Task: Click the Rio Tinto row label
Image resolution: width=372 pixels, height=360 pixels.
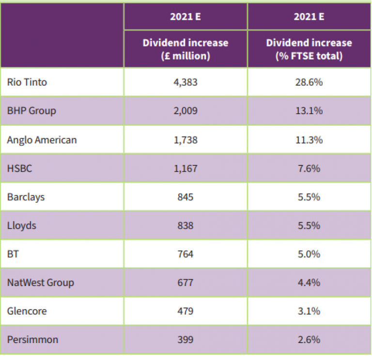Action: (27, 82)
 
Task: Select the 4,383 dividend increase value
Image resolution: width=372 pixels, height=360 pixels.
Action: (185, 82)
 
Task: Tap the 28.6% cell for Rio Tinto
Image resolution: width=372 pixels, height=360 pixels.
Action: (309, 82)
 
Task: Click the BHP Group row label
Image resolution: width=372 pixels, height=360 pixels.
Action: (31, 111)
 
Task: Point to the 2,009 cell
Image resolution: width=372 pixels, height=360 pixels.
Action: (185, 111)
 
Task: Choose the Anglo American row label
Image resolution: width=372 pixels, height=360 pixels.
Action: (42, 140)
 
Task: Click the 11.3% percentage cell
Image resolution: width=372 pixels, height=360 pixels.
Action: (309, 140)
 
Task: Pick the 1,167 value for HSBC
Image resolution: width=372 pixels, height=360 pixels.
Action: (185, 168)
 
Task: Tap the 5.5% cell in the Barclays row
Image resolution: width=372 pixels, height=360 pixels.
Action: (309, 197)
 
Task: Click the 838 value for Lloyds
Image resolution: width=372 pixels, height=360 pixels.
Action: (185, 225)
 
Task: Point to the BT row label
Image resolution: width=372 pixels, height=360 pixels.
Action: (13, 254)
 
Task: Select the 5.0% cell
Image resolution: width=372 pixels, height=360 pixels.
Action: (309, 254)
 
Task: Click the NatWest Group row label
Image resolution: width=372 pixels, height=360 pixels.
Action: (41, 283)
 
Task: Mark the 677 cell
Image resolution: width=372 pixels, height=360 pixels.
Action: (185, 283)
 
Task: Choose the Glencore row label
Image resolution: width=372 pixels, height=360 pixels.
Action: (27, 311)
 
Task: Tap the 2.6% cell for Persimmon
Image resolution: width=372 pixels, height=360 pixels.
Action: (309, 340)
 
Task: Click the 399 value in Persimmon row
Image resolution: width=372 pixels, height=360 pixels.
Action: (185, 340)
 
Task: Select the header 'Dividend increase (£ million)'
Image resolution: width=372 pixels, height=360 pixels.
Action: (185, 49)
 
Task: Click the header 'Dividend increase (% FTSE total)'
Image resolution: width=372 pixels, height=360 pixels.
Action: (309, 49)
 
